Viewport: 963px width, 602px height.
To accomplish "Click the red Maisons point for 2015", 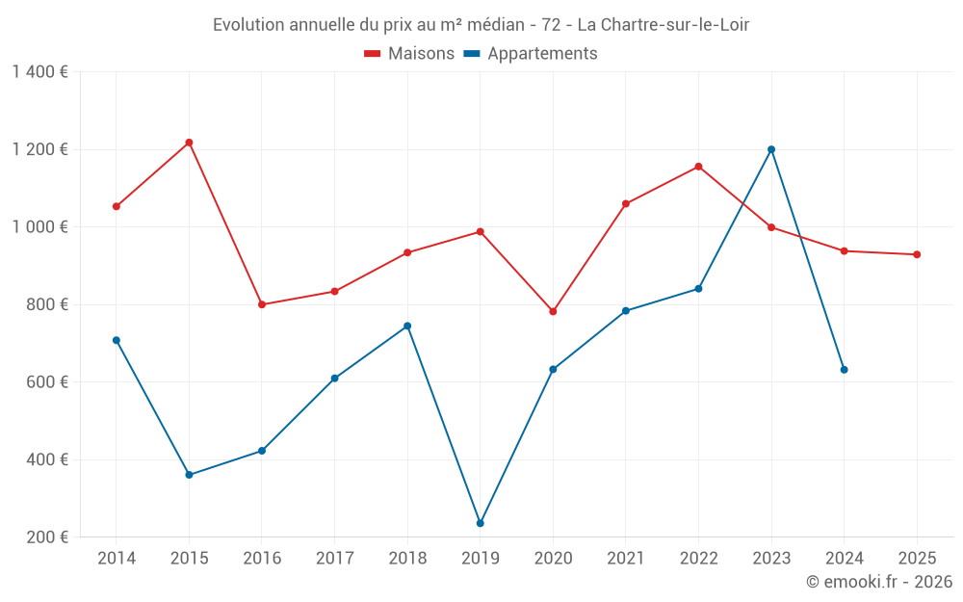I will click(x=189, y=143).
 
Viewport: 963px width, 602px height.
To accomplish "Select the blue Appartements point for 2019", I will click(x=481, y=523).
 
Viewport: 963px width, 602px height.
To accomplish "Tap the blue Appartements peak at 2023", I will click(x=771, y=149).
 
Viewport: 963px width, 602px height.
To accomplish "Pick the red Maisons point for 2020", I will click(x=553, y=312).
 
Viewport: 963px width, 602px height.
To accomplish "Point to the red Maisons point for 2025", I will click(x=917, y=254).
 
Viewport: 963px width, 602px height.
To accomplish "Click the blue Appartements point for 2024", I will click(x=845, y=370).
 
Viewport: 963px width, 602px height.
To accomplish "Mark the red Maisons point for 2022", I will click(x=699, y=167).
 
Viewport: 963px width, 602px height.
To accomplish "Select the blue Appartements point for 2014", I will click(x=117, y=340).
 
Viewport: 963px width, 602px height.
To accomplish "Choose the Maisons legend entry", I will click(x=409, y=54).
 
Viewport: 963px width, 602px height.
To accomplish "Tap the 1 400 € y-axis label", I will click(x=40, y=72).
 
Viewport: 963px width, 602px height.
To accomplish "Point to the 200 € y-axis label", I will click(x=48, y=537).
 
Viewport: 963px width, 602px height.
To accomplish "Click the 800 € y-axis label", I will click(x=48, y=304).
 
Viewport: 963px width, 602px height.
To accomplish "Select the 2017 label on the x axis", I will click(x=334, y=558).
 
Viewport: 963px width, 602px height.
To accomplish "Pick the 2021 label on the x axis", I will click(x=626, y=558).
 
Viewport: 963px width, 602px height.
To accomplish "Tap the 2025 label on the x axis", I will click(x=917, y=558).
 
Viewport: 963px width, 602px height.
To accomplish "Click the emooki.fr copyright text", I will click(x=879, y=582).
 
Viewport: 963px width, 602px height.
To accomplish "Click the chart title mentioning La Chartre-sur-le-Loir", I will click(x=481, y=25).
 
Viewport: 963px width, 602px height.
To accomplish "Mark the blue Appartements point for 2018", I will click(x=407, y=326).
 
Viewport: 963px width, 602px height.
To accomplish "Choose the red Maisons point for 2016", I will click(x=262, y=304).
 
